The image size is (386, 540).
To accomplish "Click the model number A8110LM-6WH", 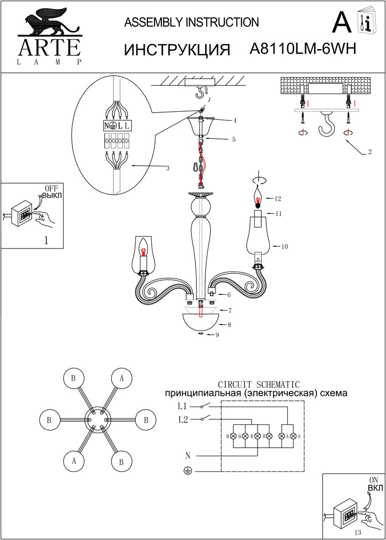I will [303, 49].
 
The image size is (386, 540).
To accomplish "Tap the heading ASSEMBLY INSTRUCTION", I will [192, 22].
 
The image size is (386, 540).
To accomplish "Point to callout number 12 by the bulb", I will [279, 198].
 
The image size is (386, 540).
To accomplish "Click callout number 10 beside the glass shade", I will [284, 246].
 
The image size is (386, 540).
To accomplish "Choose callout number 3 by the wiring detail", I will [168, 168].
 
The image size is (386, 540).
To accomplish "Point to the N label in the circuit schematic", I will [187, 455].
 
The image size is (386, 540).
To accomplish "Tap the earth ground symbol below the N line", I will [187, 471].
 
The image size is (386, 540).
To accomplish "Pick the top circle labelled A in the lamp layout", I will [122, 379].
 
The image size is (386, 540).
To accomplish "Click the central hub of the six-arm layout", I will [98, 419].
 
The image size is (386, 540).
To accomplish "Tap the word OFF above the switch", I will [51, 188].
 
